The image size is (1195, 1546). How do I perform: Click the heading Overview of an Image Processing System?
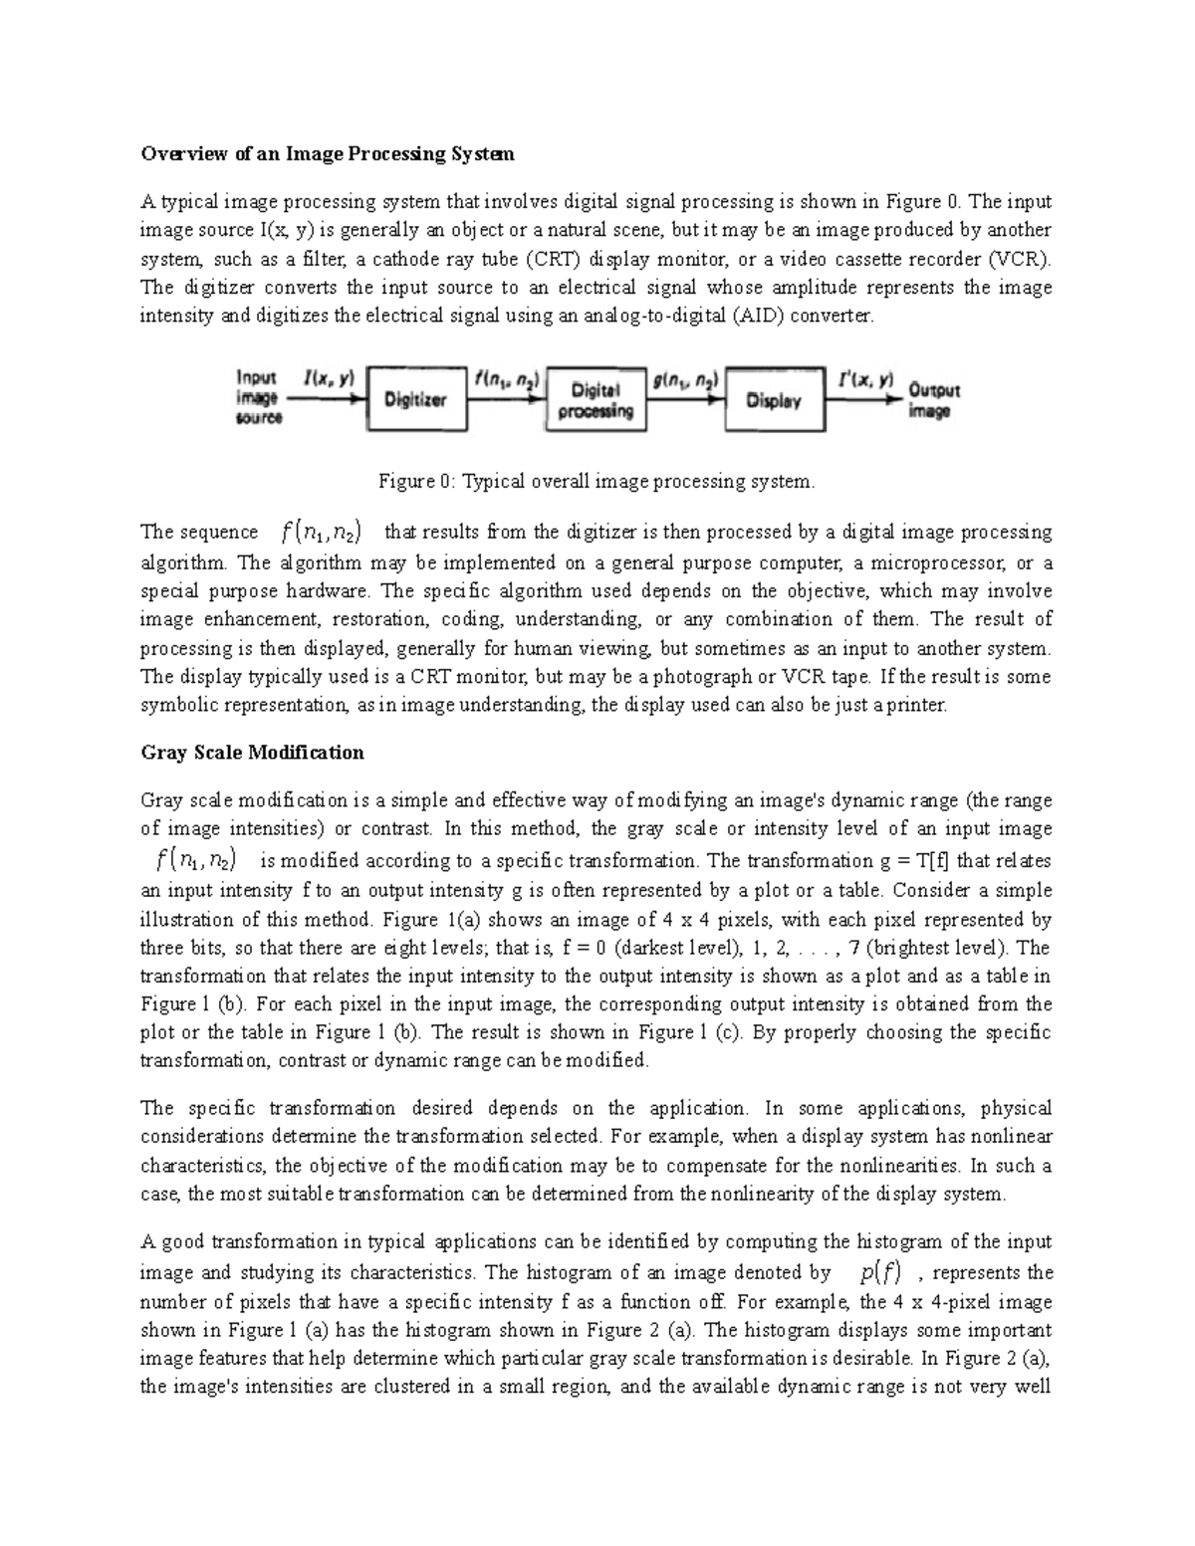[x=328, y=153]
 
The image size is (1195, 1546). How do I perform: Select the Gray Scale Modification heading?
[x=252, y=752]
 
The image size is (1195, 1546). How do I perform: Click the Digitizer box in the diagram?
[x=416, y=399]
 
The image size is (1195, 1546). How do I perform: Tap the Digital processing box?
[x=596, y=401]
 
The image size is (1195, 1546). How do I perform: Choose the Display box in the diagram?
[x=774, y=400]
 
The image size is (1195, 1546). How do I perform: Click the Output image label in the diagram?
[x=933, y=400]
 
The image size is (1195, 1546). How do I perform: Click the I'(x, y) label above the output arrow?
[x=861, y=379]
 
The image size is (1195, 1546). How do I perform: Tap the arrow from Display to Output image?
[x=863, y=399]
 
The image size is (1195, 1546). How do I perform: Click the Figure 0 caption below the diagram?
[x=596, y=481]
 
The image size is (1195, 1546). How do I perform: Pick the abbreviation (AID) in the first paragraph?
[x=754, y=317]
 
